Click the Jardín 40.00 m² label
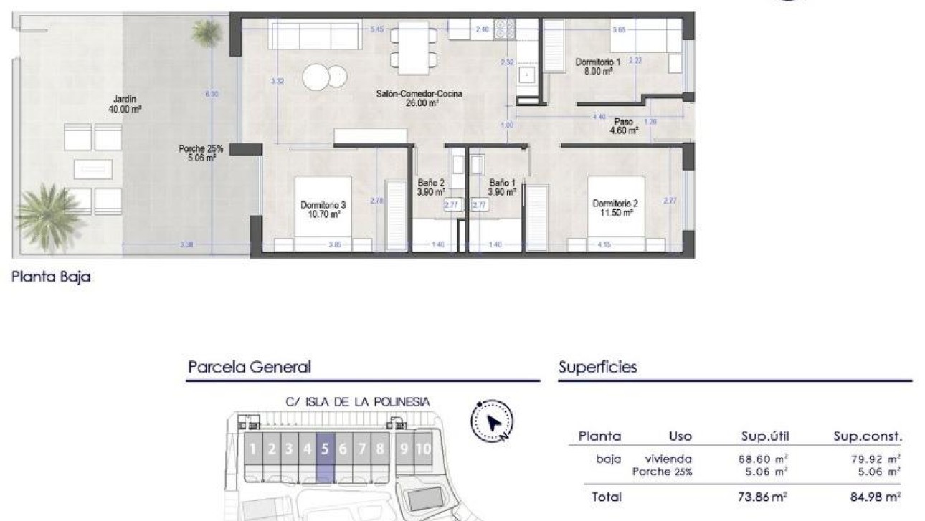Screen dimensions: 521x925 124,105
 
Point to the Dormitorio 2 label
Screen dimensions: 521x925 613,208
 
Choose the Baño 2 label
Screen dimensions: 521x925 431,187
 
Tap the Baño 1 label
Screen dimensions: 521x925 502,187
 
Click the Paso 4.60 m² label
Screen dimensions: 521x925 623,126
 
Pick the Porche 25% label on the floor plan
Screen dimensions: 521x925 200,153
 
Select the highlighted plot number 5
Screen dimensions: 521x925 325,449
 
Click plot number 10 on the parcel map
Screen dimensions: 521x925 423,449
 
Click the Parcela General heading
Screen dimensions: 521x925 249,367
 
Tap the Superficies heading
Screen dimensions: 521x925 597,367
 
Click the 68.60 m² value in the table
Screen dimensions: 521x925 763,459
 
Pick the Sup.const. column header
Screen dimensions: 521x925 867,436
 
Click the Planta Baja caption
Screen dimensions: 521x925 51,277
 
